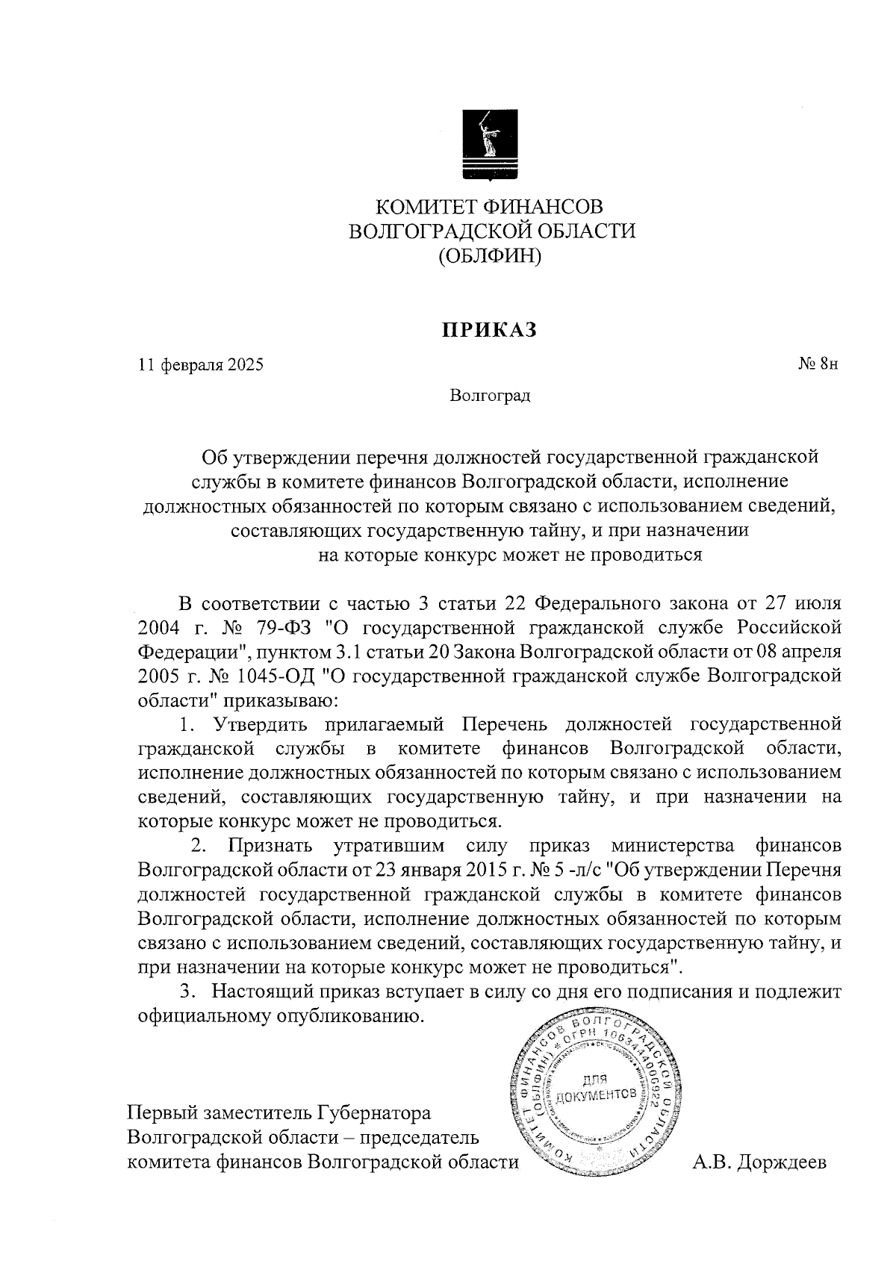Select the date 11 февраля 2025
pyautogui.click(x=201, y=365)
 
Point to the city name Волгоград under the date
pyautogui.click(x=490, y=395)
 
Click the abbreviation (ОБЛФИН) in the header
pyautogui.click(x=490, y=256)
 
